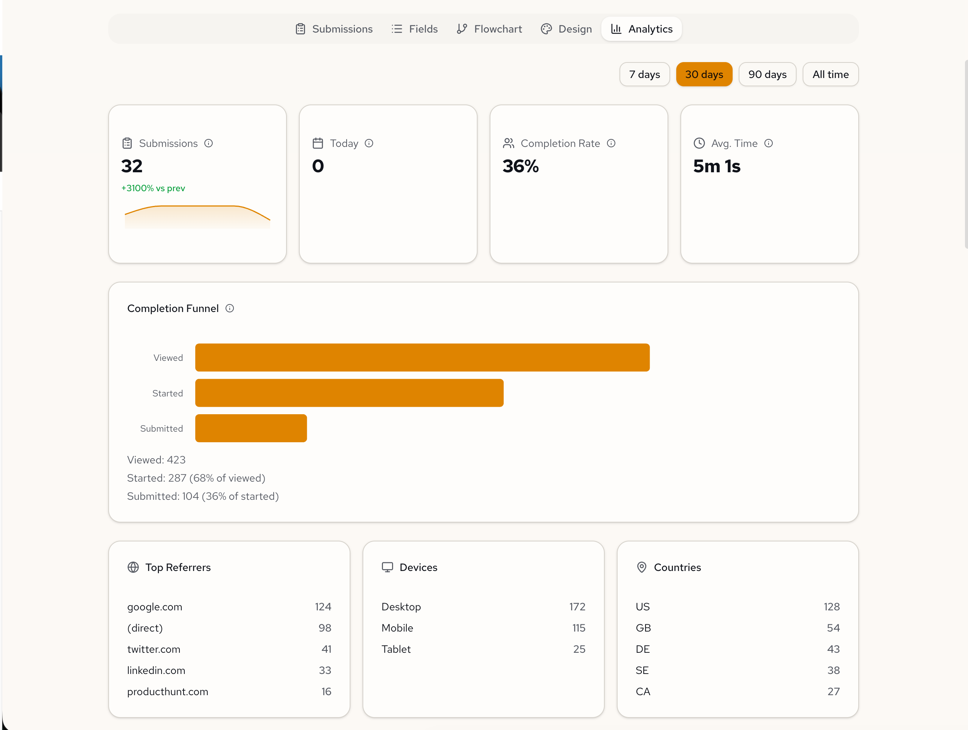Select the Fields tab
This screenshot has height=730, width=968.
[x=414, y=29]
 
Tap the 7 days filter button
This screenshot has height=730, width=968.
[x=644, y=75]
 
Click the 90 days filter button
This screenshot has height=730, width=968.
[x=767, y=75]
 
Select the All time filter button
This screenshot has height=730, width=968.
[x=830, y=75]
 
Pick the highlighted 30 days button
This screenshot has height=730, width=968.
[x=704, y=75]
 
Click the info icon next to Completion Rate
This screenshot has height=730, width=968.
[x=611, y=143]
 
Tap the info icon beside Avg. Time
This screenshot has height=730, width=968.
[x=769, y=143]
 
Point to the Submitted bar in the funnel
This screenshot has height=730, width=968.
[x=251, y=428]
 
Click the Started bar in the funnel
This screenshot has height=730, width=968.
[x=349, y=393]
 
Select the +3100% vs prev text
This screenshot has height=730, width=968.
[x=153, y=188]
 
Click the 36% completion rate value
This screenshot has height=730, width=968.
[x=520, y=166]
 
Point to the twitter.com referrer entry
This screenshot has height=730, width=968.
[x=154, y=649]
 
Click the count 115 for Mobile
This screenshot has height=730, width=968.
[x=579, y=628]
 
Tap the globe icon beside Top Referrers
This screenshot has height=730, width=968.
[x=133, y=567]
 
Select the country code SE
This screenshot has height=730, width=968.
[x=642, y=671]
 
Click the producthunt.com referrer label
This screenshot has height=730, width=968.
[x=168, y=691]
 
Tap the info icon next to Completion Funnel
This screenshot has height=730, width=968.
[x=230, y=308]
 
